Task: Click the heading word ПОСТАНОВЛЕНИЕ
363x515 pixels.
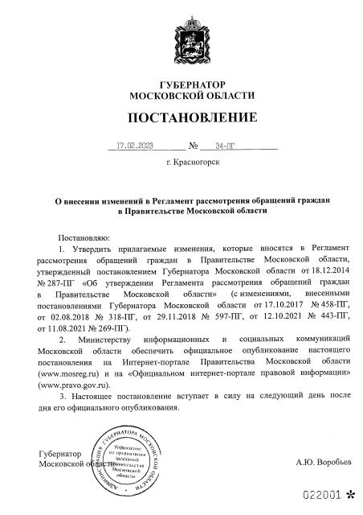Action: click(x=181, y=118)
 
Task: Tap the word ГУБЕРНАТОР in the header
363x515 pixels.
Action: click(x=181, y=84)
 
